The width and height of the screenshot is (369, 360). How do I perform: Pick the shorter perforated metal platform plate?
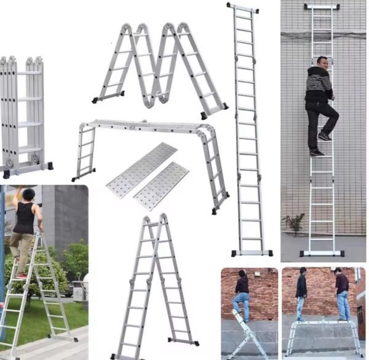point(161,186)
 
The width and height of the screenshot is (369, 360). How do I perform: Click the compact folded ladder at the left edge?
point(25,117)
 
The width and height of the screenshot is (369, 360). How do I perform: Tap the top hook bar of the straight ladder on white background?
point(242,8)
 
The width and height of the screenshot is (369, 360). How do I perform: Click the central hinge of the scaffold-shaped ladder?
point(131,127)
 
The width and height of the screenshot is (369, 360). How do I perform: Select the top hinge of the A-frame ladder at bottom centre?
point(155,219)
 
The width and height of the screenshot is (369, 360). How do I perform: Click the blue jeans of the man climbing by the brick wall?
point(241,303)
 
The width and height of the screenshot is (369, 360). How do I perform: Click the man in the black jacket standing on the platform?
point(301,292)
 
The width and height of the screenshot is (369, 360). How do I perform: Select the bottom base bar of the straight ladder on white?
point(252,252)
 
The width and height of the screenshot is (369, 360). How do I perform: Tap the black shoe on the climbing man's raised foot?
point(324,136)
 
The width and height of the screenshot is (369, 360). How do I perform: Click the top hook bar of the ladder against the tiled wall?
point(322,7)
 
